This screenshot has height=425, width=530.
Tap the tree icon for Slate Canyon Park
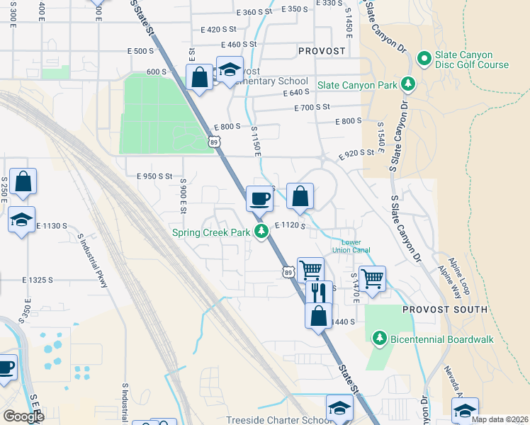point(408,84)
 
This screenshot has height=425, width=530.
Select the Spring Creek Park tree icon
point(261,231)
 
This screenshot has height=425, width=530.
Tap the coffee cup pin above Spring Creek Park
point(259,198)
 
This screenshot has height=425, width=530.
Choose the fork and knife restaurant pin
point(319,291)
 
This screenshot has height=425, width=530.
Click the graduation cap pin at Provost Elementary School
point(229,71)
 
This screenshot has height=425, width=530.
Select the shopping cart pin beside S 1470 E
point(372,278)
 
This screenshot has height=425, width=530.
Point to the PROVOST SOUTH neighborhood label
point(444,310)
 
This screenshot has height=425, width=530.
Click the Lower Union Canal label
point(351,246)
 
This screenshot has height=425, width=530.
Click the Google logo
point(23,416)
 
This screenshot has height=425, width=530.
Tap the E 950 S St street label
point(150,176)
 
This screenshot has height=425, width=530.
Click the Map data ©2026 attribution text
point(500,419)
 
